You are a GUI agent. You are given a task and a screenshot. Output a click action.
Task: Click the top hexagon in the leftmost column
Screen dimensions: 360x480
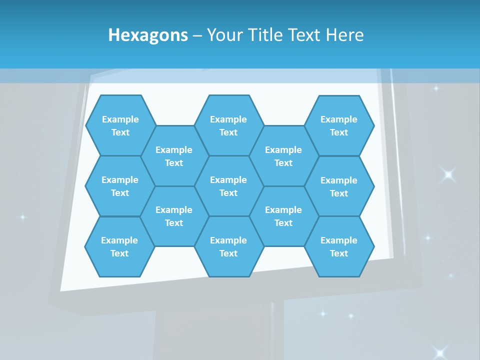(120, 125)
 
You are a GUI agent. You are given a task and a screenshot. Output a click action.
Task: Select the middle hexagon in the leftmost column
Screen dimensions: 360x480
(120, 186)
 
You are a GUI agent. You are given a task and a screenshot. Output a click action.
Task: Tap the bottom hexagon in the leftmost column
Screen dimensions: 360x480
(119, 246)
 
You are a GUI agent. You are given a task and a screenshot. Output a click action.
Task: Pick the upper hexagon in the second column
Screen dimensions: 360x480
(174, 156)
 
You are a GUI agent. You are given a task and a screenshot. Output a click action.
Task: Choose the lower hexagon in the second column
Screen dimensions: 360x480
(174, 216)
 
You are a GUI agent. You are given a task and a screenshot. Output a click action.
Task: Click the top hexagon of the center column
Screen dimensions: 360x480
(228, 125)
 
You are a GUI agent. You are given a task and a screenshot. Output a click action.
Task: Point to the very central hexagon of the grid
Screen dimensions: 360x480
(228, 186)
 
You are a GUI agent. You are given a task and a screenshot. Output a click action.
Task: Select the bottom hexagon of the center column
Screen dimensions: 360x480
(228, 246)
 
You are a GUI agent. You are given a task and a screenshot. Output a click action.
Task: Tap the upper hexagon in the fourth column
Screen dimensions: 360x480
(283, 156)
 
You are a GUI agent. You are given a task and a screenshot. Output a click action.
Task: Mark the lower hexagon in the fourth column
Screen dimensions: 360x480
(283, 216)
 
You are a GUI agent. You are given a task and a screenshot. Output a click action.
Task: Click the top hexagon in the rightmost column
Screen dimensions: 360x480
(339, 125)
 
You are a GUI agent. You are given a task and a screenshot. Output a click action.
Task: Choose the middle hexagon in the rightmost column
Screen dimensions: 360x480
(339, 186)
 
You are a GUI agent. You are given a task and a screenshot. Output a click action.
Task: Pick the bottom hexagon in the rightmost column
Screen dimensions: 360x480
(339, 246)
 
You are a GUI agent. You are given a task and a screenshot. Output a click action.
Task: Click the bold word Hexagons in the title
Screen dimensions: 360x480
(148, 35)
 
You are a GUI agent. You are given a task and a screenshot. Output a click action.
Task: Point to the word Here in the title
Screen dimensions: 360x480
(344, 35)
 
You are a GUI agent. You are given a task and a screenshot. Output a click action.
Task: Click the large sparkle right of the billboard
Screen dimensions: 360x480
(448, 174)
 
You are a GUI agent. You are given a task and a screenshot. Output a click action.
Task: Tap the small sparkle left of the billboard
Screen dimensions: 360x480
(22, 217)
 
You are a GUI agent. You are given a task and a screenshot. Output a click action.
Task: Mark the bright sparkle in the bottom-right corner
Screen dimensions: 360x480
(439, 352)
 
